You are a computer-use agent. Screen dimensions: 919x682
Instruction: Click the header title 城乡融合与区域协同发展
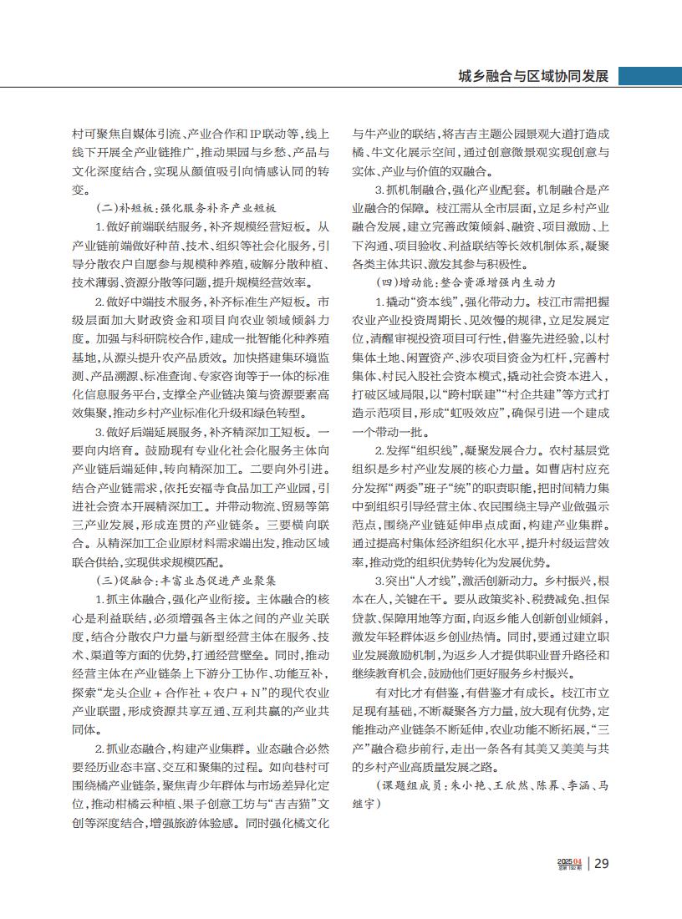pos(533,76)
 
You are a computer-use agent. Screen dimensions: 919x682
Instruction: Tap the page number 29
pos(602,864)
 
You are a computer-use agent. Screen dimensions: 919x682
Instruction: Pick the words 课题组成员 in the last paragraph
pos(409,787)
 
